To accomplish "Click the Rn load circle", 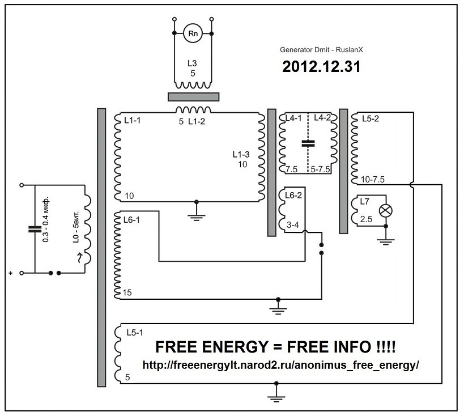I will (x=193, y=34).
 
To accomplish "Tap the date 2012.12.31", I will (x=321, y=66).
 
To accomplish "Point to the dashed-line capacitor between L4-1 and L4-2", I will (x=308, y=143).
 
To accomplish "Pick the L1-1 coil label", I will (x=131, y=120).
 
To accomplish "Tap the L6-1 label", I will (x=131, y=219).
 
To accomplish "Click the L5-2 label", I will (x=363, y=120).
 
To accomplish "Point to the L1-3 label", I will (x=241, y=155).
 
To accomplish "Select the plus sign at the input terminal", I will (x=10, y=274).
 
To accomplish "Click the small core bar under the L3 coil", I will (x=193, y=95).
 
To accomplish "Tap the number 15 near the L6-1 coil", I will (x=126, y=294).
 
